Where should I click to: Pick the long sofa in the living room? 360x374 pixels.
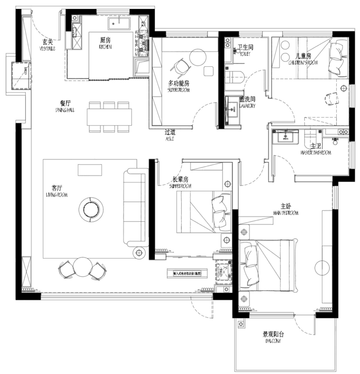(x=134, y=207)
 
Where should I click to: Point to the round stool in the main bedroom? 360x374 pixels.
(x=322, y=267)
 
